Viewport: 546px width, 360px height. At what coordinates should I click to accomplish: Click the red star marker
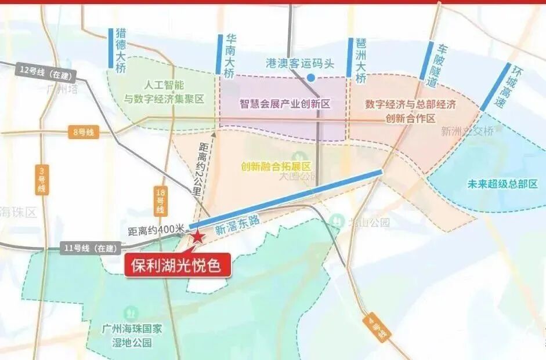pos(198,236)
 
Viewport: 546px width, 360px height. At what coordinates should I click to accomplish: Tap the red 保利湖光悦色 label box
pos(178,266)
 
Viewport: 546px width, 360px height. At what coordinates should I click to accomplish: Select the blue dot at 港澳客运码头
pos(311,77)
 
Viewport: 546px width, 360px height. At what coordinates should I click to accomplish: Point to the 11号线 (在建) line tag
pos(85,249)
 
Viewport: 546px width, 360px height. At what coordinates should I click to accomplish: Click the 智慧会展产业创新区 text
pos(285,104)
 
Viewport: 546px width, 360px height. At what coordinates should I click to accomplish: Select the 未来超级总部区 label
pos(502,184)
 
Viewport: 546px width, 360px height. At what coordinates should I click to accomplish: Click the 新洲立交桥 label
pos(467,131)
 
